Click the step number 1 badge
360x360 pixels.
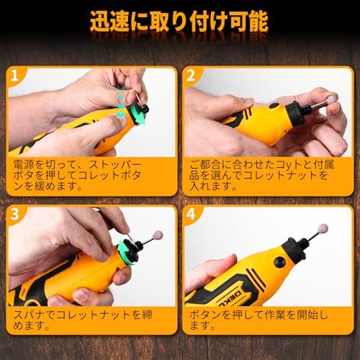(x=15, y=76)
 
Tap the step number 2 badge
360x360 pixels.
(x=191, y=76)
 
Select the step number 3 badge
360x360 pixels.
(x=15, y=214)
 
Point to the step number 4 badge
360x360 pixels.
(x=191, y=214)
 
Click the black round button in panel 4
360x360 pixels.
(x=279, y=261)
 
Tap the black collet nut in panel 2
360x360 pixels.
(x=298, y=111)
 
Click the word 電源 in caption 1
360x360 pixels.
(x=24, y=165)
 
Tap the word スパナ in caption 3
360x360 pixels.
(x=30, y=315)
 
